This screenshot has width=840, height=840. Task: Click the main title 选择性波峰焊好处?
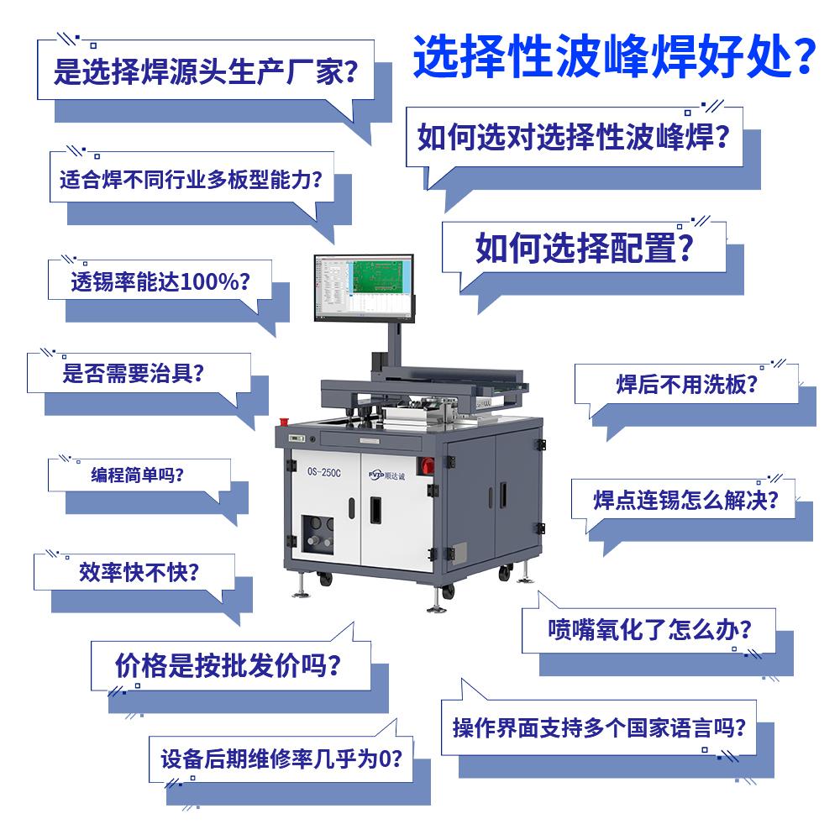point(615,55)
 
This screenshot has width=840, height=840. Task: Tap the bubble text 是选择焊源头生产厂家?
point(206,71)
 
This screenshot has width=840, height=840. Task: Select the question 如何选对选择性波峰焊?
point(573,137)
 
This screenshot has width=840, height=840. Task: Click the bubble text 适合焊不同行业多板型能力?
point(192,180)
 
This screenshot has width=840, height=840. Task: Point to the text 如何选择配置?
point(585,248)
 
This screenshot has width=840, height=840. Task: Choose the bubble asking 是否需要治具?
point(134,373)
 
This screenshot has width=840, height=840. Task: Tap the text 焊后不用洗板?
point(687,384)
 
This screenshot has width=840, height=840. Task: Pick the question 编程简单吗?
point(137,475)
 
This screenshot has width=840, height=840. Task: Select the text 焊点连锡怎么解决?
point(685,500)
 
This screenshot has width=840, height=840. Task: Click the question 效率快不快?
point(139,572)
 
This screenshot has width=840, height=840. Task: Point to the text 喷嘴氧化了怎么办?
point(649,629)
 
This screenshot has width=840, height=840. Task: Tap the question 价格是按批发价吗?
point(228,666)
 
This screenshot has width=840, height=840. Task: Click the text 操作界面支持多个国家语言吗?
point(599,727)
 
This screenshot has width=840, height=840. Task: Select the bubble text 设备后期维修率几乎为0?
point(281,759)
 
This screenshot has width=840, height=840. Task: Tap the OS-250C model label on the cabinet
point(323,472)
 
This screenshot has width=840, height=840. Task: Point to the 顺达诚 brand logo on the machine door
point(386,475)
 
